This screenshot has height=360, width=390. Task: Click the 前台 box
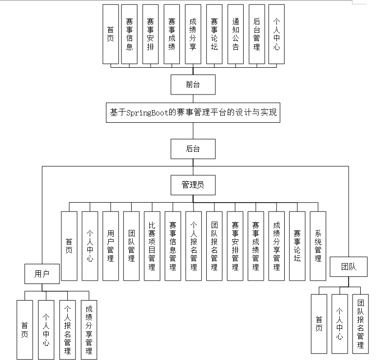[x=193, y=84]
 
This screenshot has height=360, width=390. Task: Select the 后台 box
[x=193, y=149]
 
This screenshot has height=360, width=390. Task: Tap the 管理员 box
[x=193, y=185]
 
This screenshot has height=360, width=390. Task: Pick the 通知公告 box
[x=236, y=34]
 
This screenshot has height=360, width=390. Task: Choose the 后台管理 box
[x=257, y=34]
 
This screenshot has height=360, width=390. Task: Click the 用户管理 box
[x=111, y=246]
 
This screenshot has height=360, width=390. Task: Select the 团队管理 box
[x=131, y=246]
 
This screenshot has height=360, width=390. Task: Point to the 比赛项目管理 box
[x=152, y=246]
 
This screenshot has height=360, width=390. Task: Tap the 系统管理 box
[x=318, y=246]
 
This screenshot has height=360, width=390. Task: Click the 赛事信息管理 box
[x=173, y=246]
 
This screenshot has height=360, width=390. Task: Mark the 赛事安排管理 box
[x=235, y=246]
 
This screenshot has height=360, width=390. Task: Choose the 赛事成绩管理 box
[x=255, y=246]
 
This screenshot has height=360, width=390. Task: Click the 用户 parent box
[x=42, y=273]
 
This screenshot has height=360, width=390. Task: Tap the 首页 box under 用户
[x=24, y=329]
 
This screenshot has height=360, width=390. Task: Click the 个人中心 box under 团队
[x=339, y=323]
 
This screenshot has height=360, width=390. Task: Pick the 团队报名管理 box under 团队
[x=360, y=323]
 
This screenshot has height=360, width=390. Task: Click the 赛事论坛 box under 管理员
[x=297, y=246]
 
